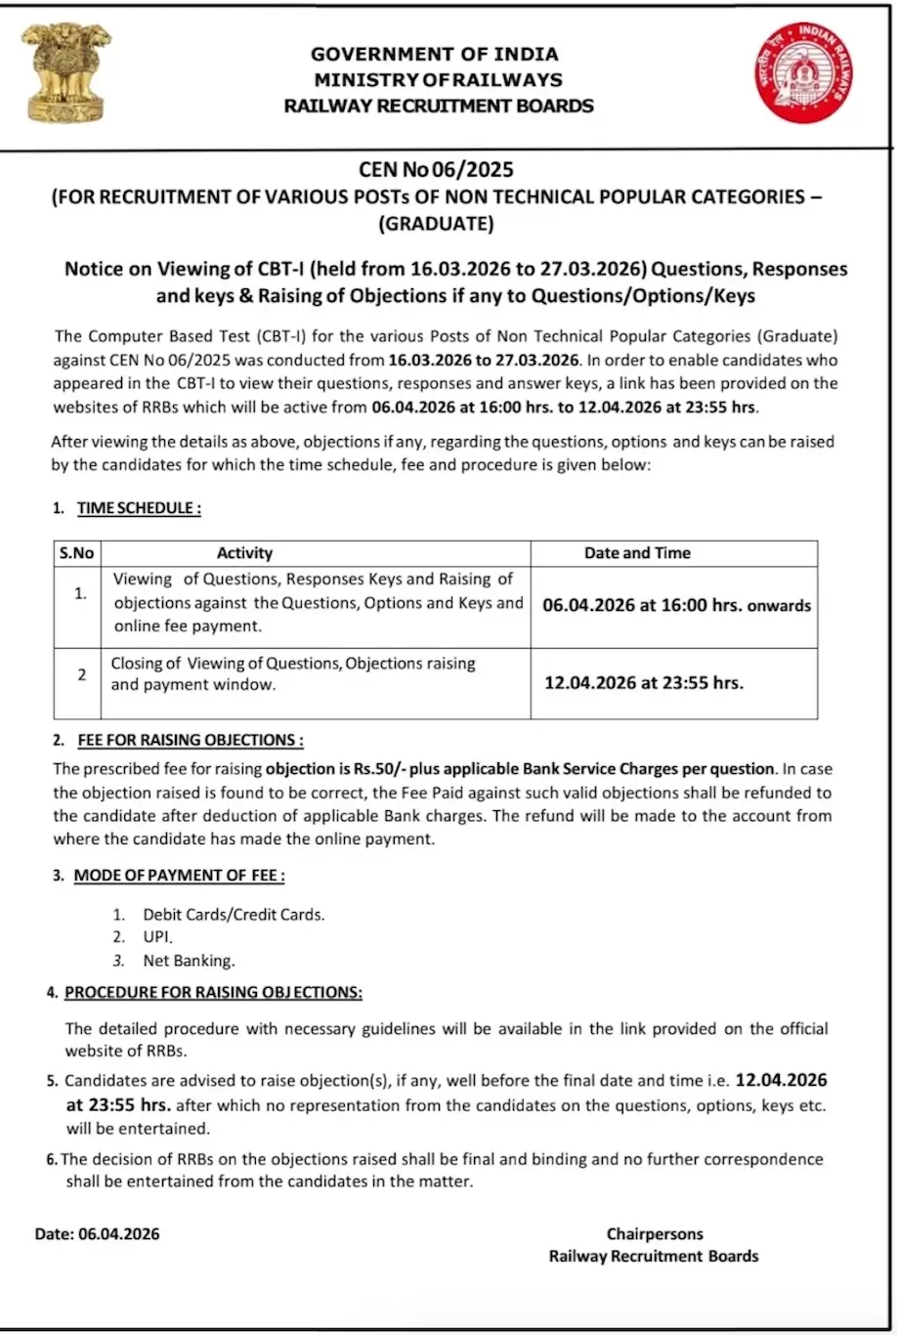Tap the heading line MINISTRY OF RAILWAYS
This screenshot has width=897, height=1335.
click(438, 80)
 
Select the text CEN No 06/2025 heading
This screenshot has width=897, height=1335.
click(437, 171)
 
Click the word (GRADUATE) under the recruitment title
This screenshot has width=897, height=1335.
click(437, 224)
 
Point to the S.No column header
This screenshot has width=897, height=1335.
click(75, 553)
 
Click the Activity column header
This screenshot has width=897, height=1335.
click(244, 553)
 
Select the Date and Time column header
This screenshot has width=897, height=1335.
click(637, 553)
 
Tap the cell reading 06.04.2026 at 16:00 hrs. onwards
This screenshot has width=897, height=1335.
click(676, 606)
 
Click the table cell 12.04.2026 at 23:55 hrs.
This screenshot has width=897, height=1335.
click(643, 683)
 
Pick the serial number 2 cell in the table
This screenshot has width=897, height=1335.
click(82, 674)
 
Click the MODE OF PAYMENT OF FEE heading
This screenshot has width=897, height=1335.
click(179, 876)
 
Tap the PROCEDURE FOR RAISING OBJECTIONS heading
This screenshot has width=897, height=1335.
click(213, 993)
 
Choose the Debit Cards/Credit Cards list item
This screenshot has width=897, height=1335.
click(234, 915)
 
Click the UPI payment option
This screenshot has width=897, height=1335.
click(157, 937)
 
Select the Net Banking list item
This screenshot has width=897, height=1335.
click(189, 961)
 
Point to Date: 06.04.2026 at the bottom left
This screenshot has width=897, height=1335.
click(97, 1233)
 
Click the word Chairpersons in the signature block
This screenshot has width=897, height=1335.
click(654, 1233)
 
